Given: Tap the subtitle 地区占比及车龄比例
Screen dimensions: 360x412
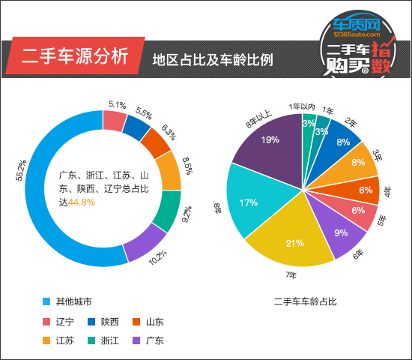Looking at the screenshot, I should (x=212, y=58).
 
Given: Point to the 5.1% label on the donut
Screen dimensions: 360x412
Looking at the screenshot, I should (x=116, y=105).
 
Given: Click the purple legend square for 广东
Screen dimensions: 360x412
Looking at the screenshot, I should (x=136, y=340).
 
